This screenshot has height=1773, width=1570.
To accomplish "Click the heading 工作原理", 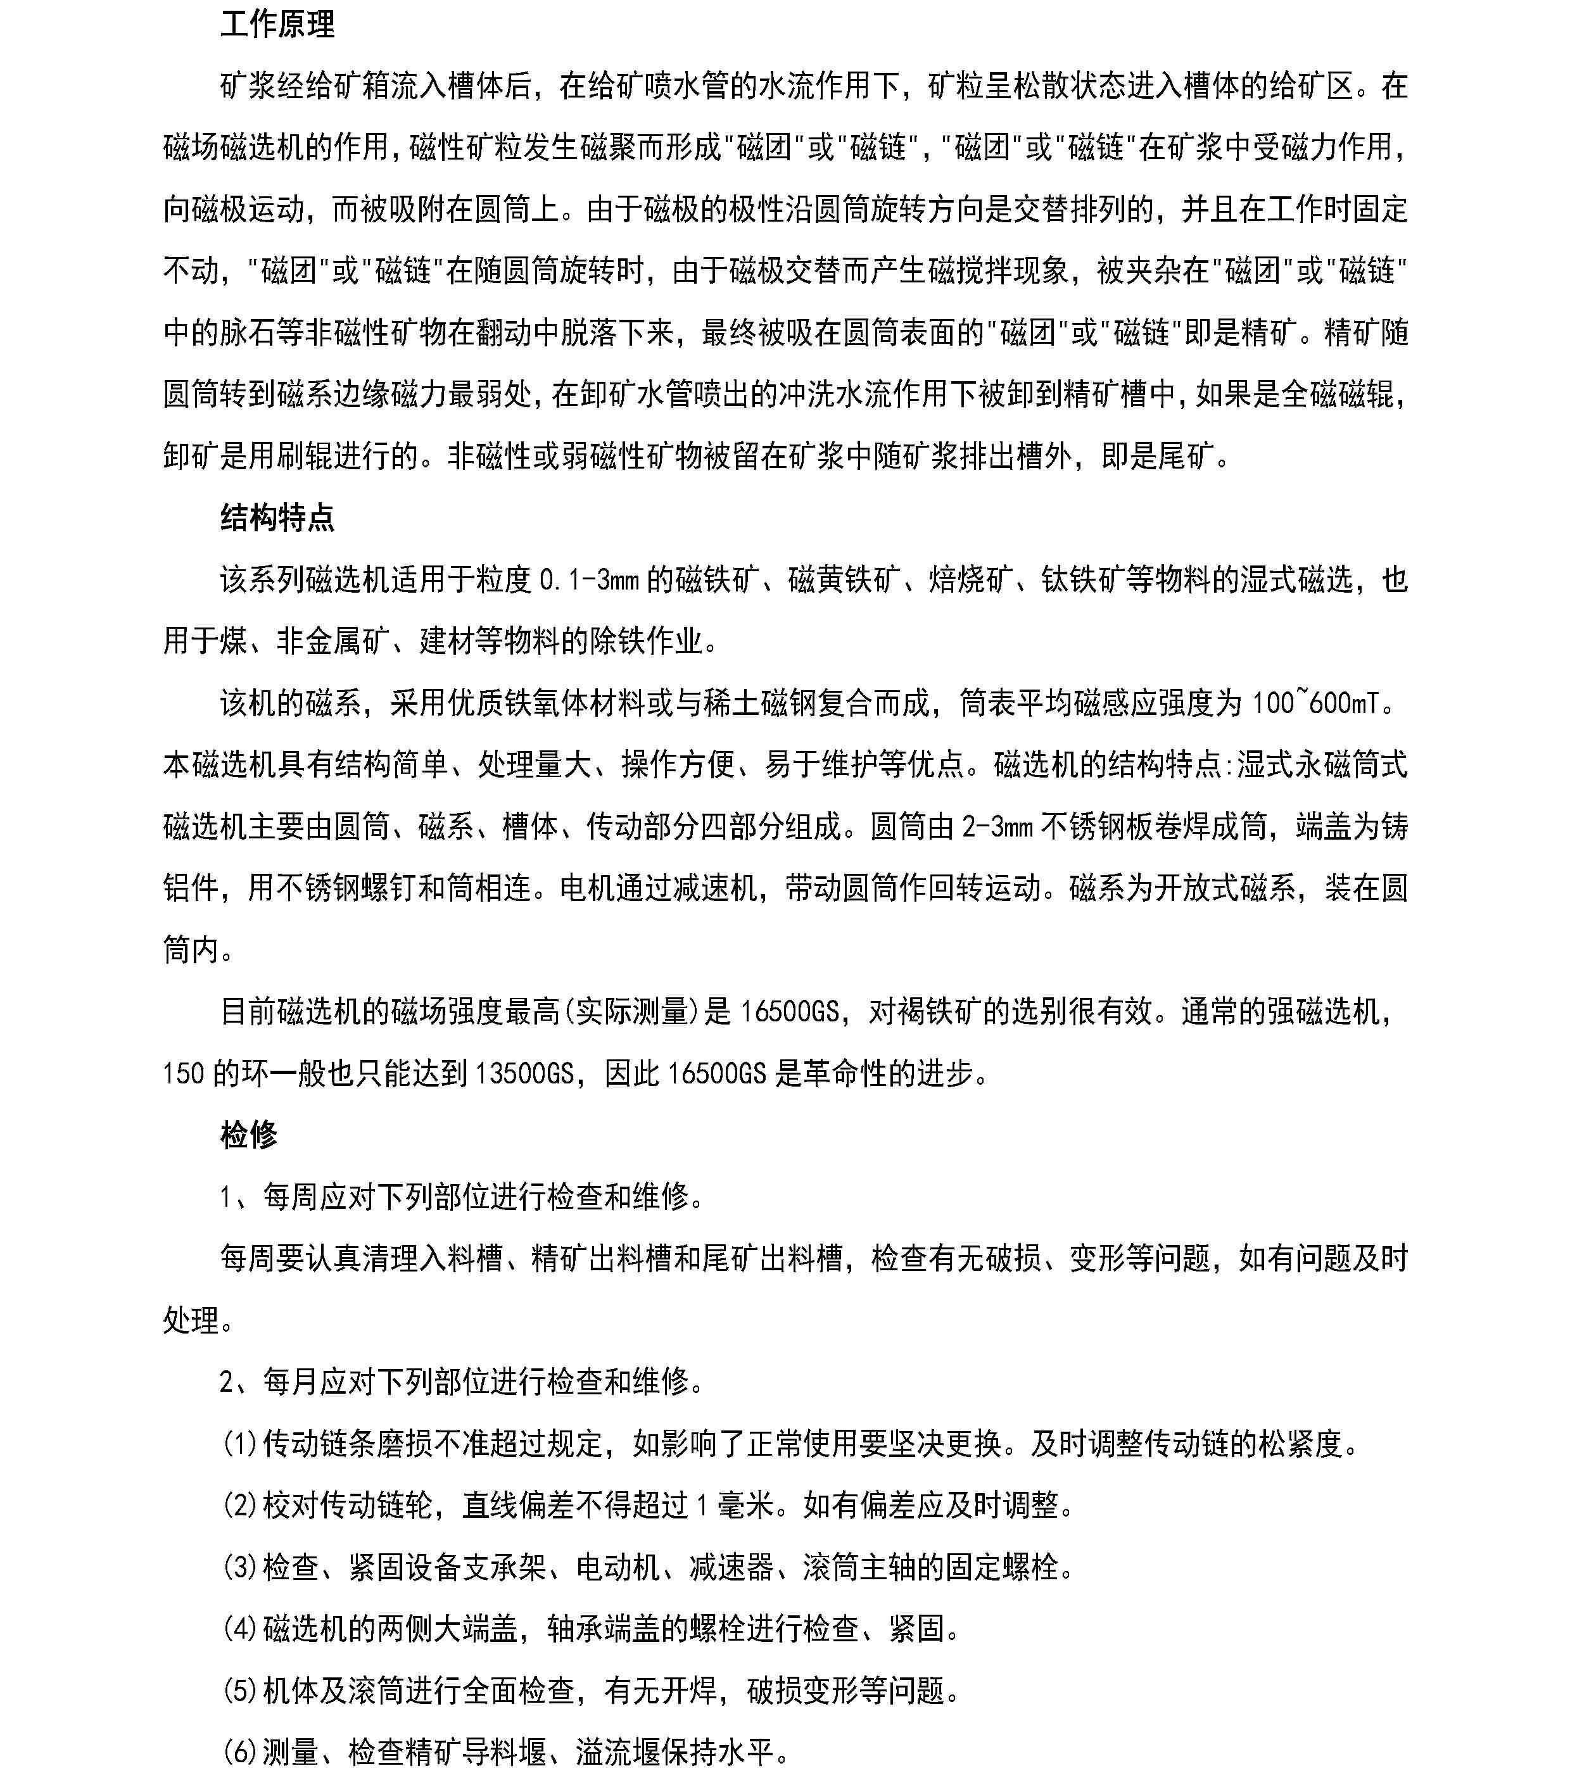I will coord(277,24).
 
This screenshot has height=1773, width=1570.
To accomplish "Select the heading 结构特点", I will coord(277,518).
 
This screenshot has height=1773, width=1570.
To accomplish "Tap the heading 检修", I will coord(248,1135).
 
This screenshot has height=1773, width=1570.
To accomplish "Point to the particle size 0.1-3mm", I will coord(589,579).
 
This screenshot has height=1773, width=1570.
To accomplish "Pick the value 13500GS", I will coord(521,1074).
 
